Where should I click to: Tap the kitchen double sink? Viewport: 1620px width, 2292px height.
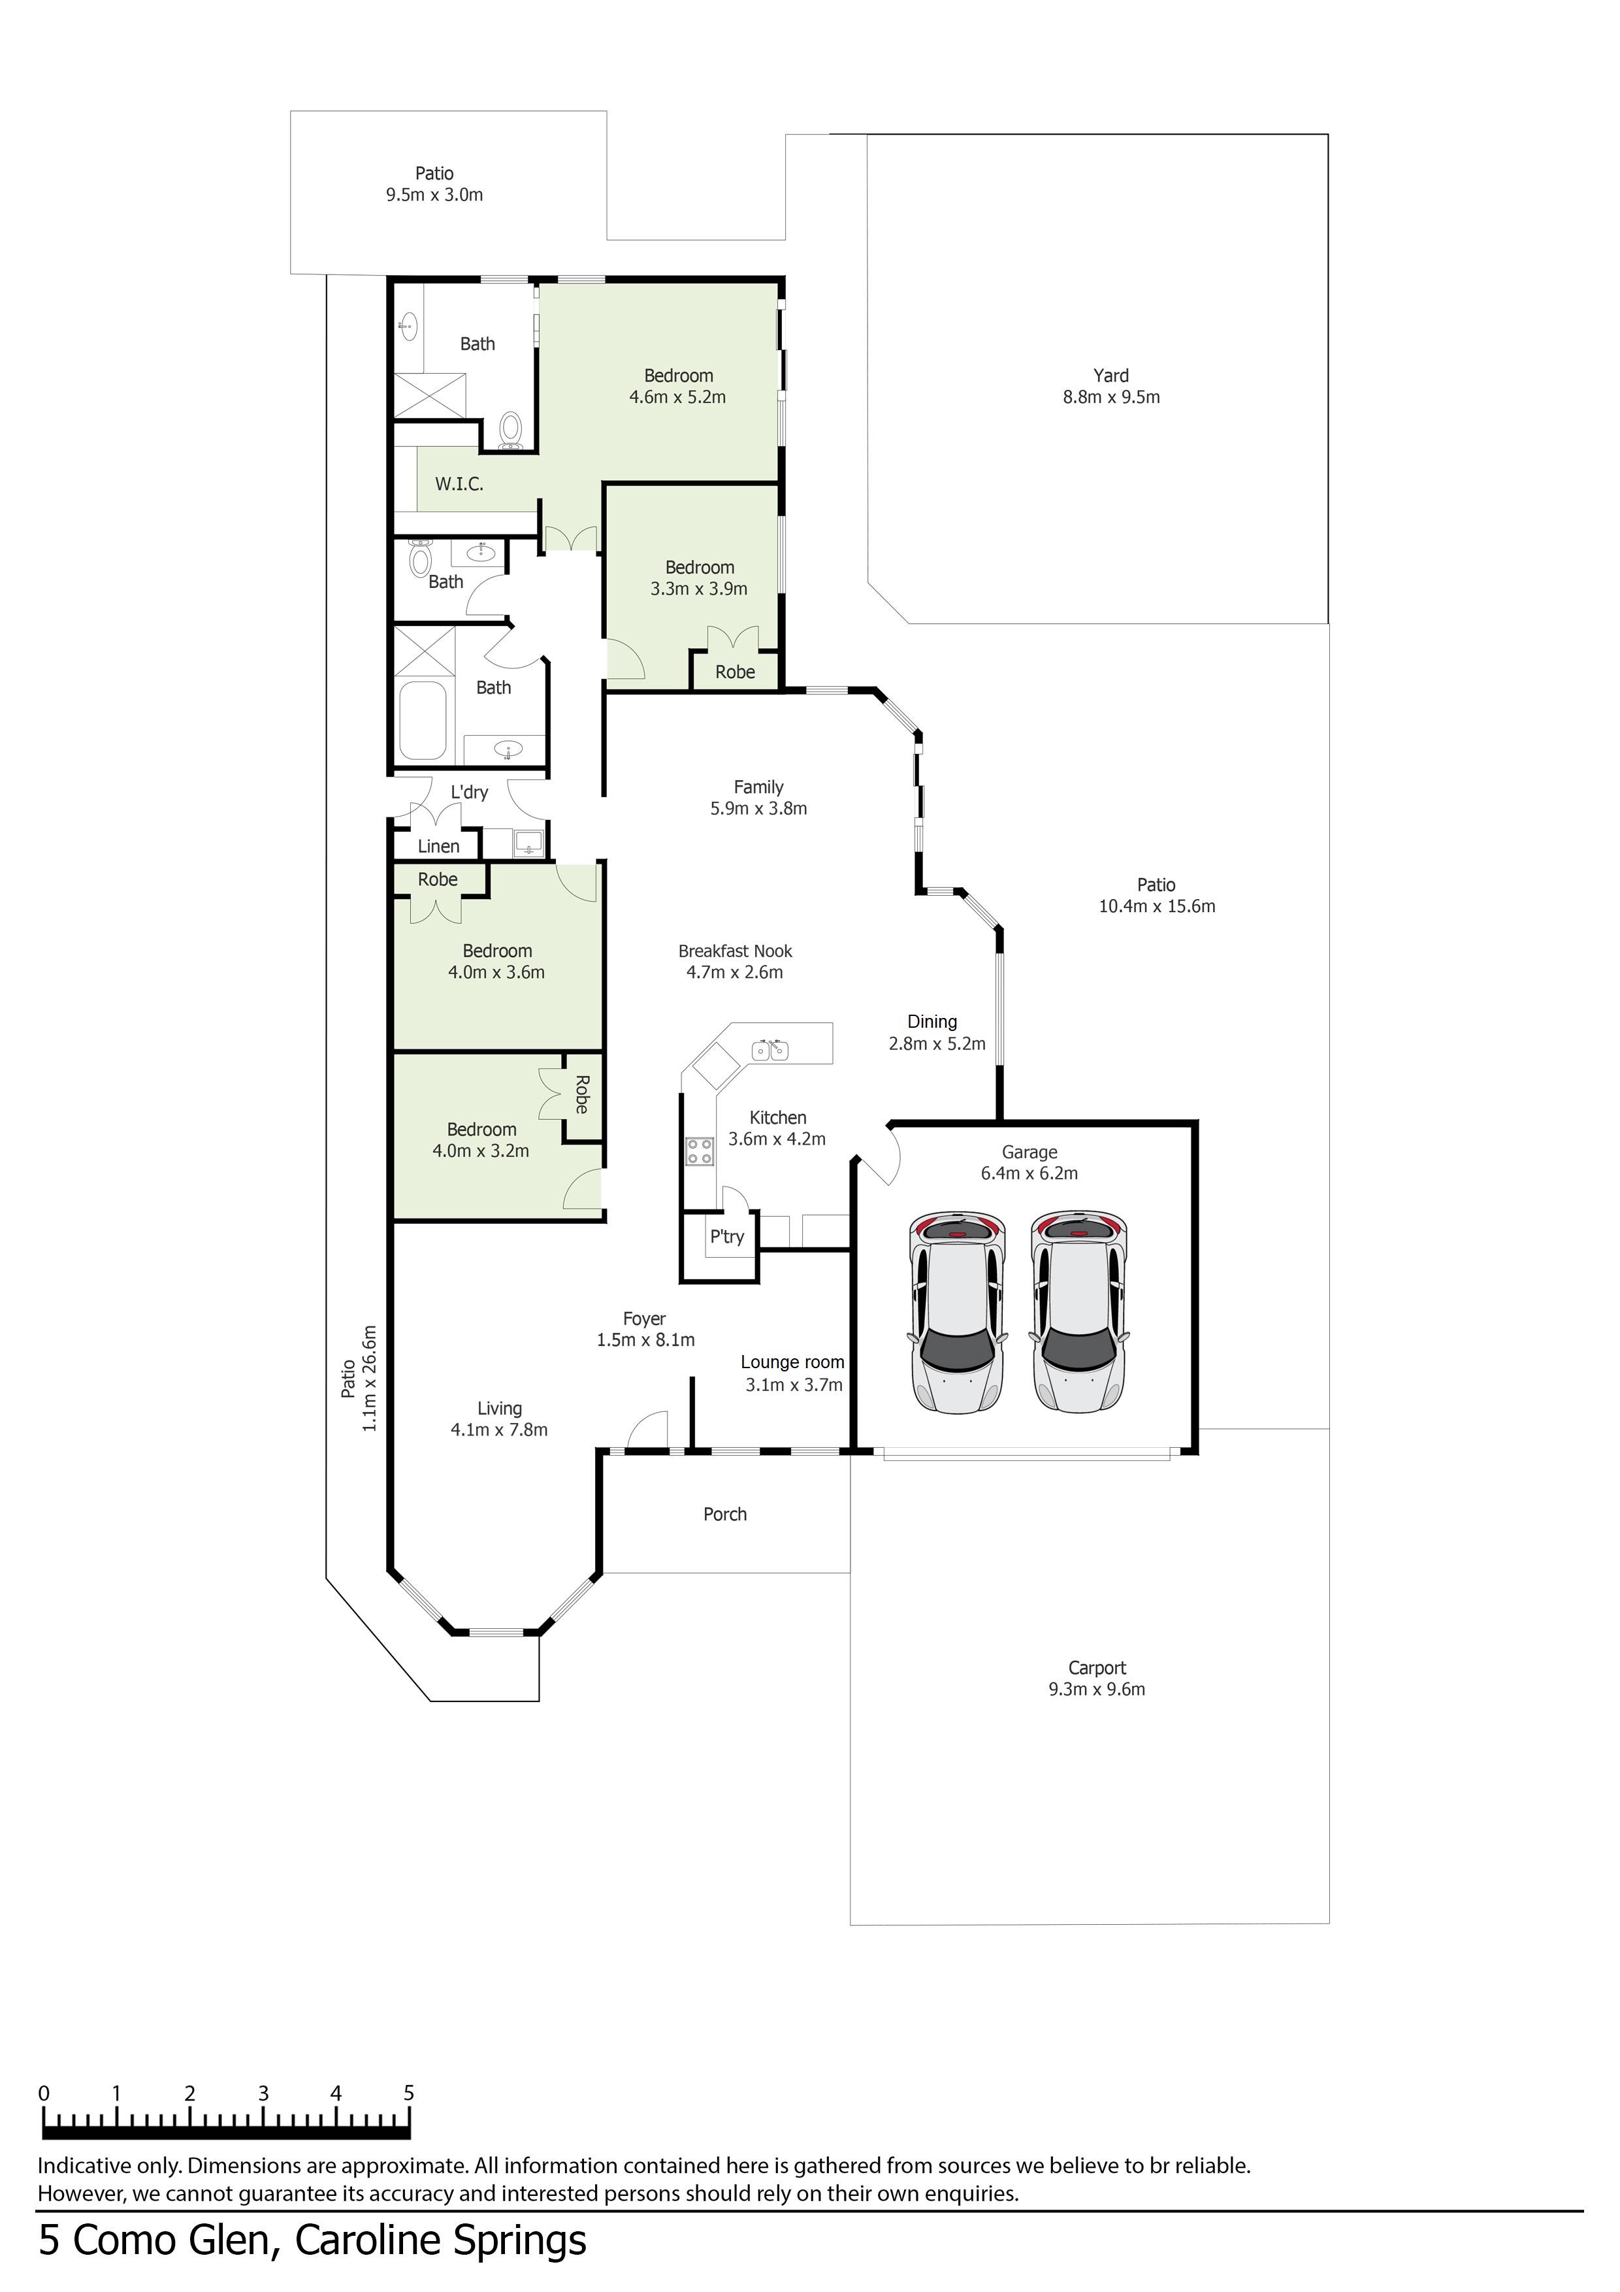[x=771, y=1049]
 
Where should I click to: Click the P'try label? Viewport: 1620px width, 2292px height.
[x=726, y=1236]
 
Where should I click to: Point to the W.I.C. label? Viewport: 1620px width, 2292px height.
[x=459, y=484]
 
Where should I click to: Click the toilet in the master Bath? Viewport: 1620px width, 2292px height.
[x=511, y=431]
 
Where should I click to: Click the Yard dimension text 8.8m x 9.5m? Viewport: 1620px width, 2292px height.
[x=1111, y=397]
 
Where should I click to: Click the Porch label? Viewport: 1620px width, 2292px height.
[x=724, y=1514]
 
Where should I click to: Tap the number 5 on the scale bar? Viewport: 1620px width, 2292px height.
[x=408, y=2093]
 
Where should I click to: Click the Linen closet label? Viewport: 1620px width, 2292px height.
[x=438, y=847]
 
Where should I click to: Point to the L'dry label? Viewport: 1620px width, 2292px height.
[x=469, y=793]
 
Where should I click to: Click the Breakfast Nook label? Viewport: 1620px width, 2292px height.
[x=735, y=951]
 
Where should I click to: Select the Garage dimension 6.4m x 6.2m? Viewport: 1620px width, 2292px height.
[x=1029, y=1174]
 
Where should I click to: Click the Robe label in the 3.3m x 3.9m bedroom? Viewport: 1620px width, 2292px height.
[x=735, y=672]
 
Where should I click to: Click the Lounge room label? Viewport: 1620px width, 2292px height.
[x=792, y=1363]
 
